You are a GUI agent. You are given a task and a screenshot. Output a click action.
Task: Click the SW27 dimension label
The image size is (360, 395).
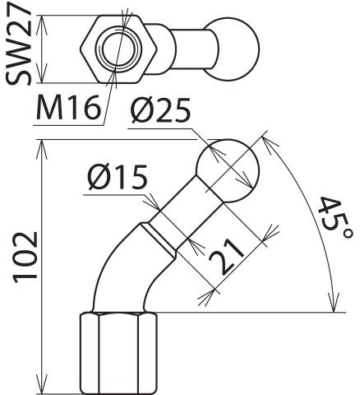pyautogui.click(x=18, y=48)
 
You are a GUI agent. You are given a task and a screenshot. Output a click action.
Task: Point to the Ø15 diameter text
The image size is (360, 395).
pyautogui.click(x=117, y=176)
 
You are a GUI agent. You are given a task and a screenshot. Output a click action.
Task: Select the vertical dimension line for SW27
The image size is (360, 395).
pyautogui.click(x=44, y=48)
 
